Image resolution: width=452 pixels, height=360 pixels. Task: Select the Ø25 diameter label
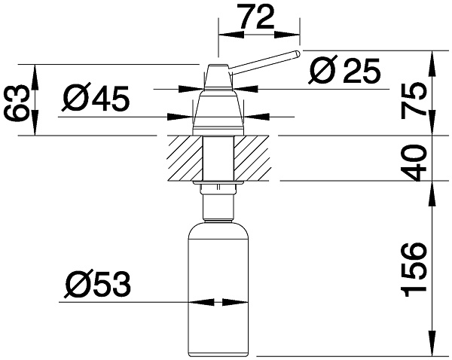(x=345, y=72)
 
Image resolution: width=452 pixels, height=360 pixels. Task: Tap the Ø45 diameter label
(x=96, y=98)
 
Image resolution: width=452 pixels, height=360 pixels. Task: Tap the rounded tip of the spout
(x=297, y=54)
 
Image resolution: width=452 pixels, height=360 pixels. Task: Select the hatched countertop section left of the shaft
(x=182, y=158)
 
